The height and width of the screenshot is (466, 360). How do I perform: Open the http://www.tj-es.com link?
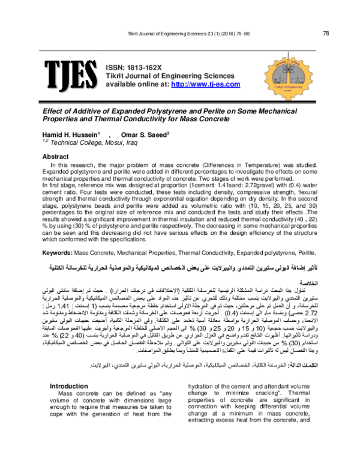point(202,85)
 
